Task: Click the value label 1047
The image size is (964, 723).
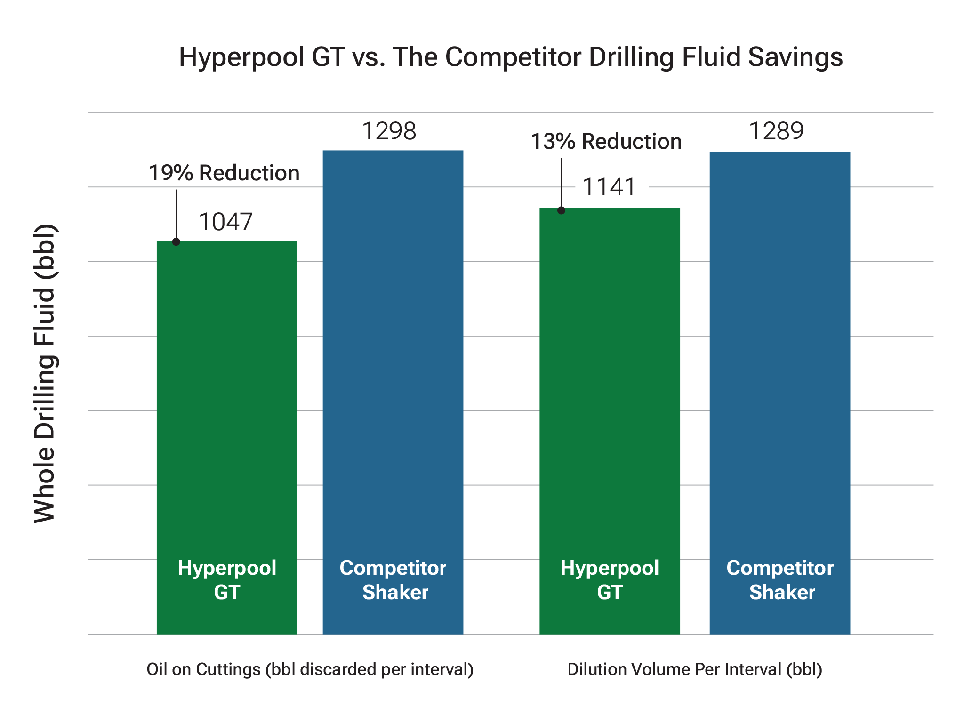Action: coord(226,222)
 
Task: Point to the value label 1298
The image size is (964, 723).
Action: coord(389,131)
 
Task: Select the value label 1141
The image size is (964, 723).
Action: coord(609,187)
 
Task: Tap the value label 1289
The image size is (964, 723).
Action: coord(776,131)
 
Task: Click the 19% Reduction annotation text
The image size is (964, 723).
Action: coord(224,173)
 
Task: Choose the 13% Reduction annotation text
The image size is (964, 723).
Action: coord(606,141)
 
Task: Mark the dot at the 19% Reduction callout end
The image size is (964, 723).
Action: coord(176,241)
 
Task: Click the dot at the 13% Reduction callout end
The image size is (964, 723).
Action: coord(561,210)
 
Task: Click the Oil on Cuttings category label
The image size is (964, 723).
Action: coord(310,669)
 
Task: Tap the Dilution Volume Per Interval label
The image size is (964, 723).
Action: coord(695,669)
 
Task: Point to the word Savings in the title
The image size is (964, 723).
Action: coord(795,57)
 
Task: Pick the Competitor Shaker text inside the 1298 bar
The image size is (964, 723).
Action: coord(394,580)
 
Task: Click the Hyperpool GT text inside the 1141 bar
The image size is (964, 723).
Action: coord(610,580)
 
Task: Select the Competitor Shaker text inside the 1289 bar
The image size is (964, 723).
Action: coord(780,580)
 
